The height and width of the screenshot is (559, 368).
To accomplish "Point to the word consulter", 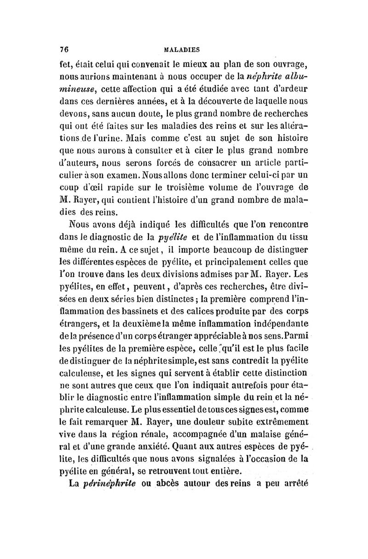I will pyautogui.click(x=144, y=149).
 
